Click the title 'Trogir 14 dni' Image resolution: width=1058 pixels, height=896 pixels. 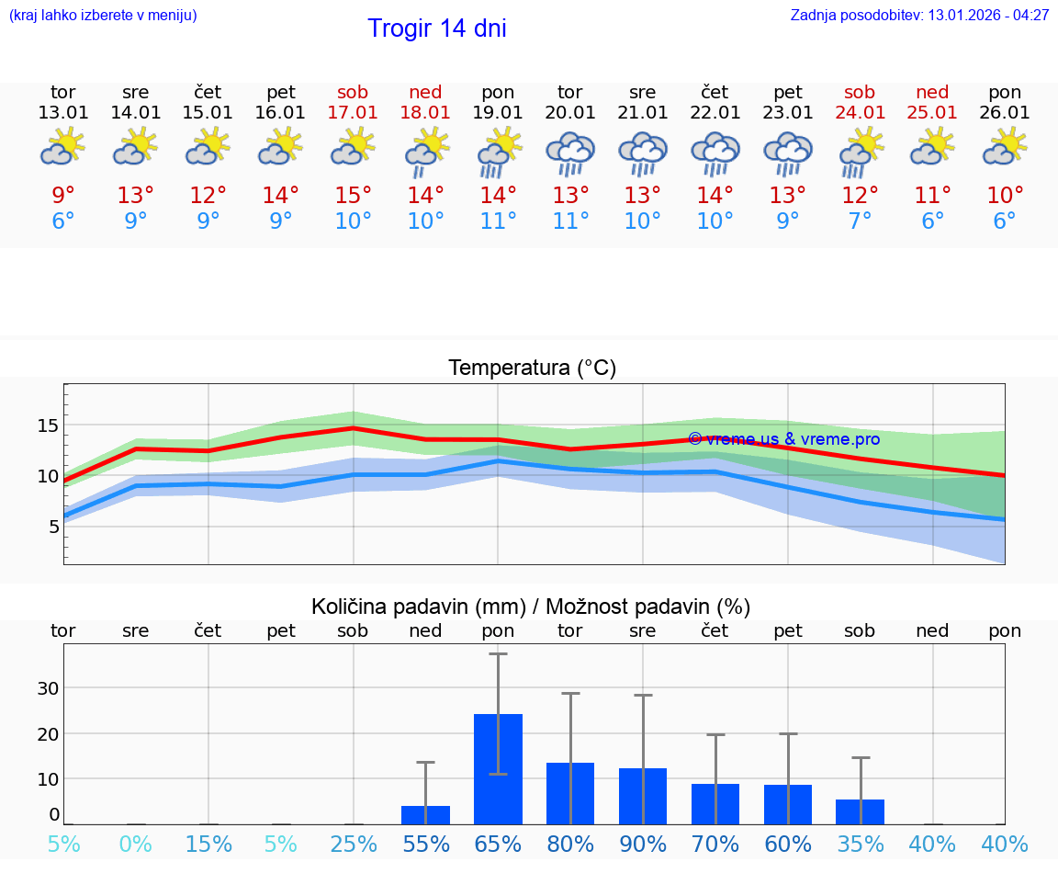(436, 28)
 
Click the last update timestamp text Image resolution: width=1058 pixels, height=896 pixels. (919, 16)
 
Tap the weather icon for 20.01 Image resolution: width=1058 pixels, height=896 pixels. (570, 153)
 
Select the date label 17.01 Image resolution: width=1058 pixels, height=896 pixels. (353, 113)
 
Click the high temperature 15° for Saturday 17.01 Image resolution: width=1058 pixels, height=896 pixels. (353, 196)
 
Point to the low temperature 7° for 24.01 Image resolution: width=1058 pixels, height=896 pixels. (860, 221)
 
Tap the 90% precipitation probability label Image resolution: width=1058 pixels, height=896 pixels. (643, 845)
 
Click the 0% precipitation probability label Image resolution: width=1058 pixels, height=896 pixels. (136, 845)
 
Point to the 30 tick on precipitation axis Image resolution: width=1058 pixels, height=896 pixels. (48, 688)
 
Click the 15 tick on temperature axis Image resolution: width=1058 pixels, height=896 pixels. (48, 425)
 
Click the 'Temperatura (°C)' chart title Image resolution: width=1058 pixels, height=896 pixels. (532, 369)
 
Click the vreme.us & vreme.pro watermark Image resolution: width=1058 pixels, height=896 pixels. (783, 439)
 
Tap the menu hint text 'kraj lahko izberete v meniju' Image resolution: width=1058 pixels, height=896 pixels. (103, 16)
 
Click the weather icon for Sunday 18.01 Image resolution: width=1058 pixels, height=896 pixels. (425, 153)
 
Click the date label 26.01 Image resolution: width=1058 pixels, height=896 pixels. (1005, 113)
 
